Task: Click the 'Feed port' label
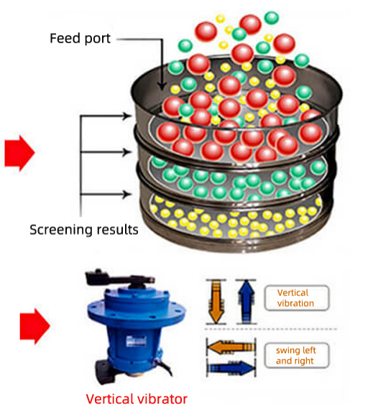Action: (80, 39)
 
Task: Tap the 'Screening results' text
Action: (84, 230)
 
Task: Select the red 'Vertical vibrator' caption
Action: (137, 399)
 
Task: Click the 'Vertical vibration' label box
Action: (296, 298)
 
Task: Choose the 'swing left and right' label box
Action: (296, 356)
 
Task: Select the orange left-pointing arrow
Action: (231, 348)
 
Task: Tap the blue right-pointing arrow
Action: (231, 368)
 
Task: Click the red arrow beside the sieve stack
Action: (19, 153)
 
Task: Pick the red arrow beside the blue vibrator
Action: (34, 326)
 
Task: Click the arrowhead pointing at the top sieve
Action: (127, 116)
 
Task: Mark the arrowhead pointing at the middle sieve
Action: (127, 152)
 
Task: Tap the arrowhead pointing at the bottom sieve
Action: (127, 194)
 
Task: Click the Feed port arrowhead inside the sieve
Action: (162, 86)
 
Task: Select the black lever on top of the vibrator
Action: (119, 278)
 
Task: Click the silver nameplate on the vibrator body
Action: (136, 341)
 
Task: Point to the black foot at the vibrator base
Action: (106, 369)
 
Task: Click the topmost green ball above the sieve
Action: (272, 18)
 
